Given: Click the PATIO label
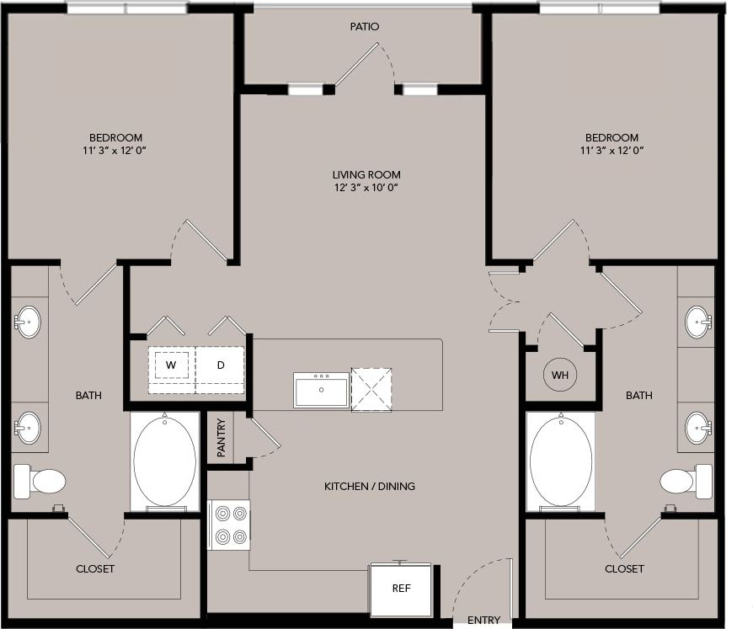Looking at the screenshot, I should point(365,27).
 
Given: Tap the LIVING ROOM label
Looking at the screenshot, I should point(365,174).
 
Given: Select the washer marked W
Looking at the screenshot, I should point(172,365).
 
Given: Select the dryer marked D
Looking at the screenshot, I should point(221,365).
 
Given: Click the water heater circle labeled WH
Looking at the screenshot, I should point(559,375).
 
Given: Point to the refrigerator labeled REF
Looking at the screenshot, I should point(402,589).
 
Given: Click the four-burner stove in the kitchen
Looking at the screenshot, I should point(229,524).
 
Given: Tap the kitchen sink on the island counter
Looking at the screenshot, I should point(321,391).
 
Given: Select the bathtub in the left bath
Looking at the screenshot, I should point(165,461).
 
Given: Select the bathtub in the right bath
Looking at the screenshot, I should point(559,461).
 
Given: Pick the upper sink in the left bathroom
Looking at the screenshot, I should point(28,322).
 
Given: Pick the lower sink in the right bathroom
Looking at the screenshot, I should point(697,427).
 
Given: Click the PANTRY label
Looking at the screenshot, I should point(221,438).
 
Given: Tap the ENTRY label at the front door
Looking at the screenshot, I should point(483,621).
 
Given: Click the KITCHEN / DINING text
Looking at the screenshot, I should point(370,487).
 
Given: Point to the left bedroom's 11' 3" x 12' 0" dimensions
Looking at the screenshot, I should point(116,151).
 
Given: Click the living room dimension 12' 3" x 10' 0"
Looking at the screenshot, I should point(365,188).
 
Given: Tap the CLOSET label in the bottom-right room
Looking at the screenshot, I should point(624,569).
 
